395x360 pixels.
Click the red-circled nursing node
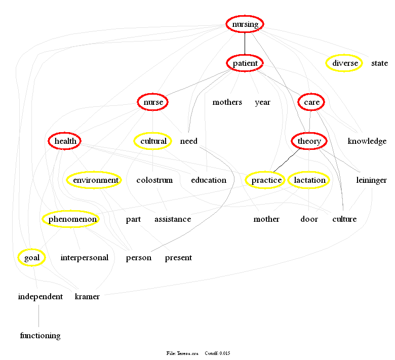(x=245, y=24)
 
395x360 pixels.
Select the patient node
(x=245, y=63)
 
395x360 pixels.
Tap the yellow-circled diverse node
(x=345, y=63)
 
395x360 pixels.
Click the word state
(x=379, y=63)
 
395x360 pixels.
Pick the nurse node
(x=153, y=102)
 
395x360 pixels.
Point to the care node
(x=311, y=102)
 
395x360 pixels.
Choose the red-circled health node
(x=64, y=141)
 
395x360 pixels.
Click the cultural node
(x=153, y=141)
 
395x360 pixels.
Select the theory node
(x=309, y=141)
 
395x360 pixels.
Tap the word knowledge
(x=367, y=141)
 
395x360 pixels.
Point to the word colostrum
(x=154, y=180)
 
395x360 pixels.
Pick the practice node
(x=266, y=180)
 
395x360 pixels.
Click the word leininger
(x=371, y=180)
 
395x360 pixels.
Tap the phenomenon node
(x=70, y=219)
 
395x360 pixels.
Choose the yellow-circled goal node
(x=31, y=258)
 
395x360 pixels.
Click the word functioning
(x=40, y=336)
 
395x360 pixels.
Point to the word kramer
(x=87, y=297)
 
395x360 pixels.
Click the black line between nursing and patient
(x=245, y=44)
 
